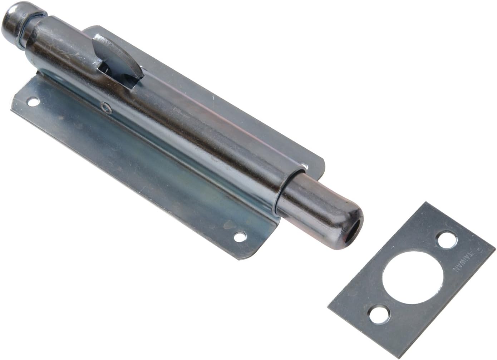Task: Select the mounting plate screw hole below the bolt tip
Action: tap(240, 236)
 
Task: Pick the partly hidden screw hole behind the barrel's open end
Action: tap(304, 166)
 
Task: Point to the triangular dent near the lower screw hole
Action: tap(227, 225)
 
